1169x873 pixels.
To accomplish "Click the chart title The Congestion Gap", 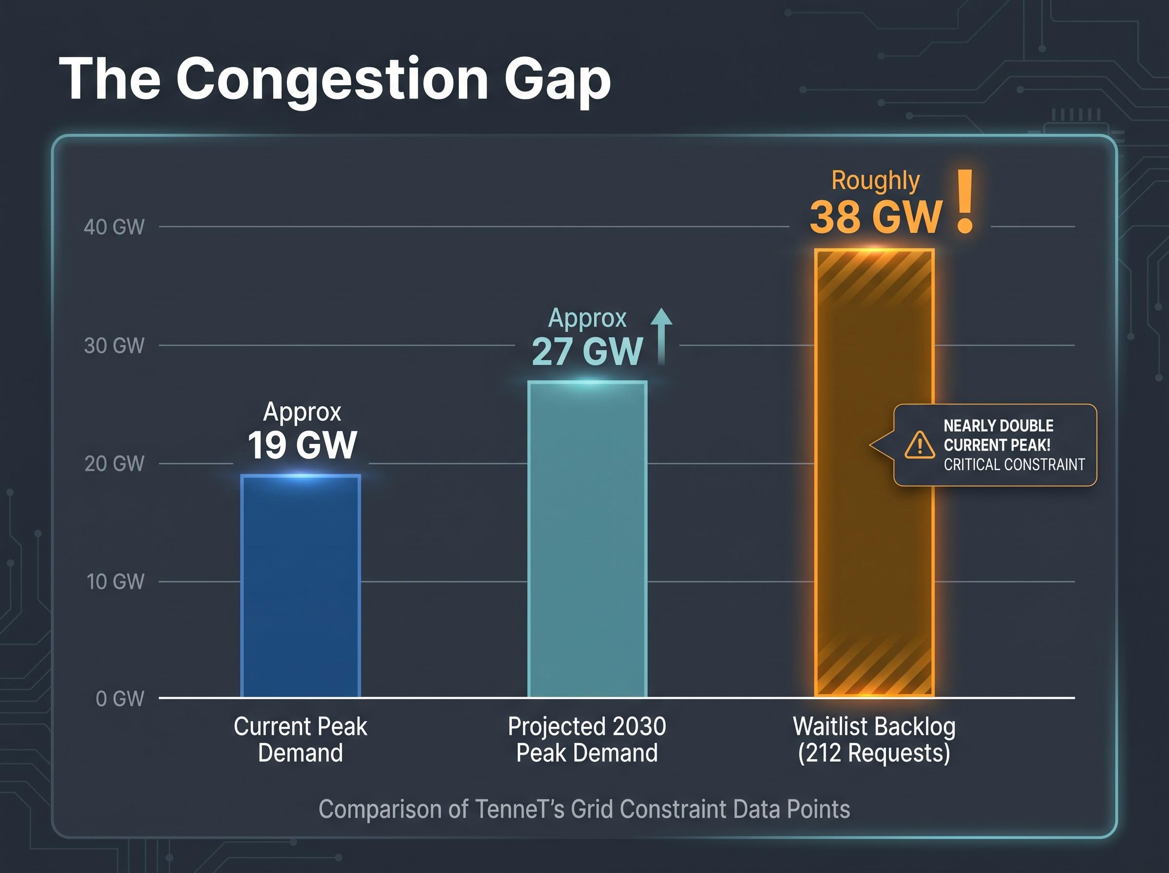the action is [x=335, y=80].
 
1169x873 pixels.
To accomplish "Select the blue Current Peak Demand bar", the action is [x=301, y=586].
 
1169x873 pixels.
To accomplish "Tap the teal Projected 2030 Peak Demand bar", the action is [x=587, y=539].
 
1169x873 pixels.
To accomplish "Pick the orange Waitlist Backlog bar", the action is [x=874, y=473].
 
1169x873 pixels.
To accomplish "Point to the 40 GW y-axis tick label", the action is [x=114, y=227].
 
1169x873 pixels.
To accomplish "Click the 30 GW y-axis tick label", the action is [x=114, y=345].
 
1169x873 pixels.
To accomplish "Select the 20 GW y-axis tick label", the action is [x=114, y=463].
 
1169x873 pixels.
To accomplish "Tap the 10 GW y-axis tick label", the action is [x=115, y=581].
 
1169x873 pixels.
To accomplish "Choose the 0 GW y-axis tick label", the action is [x=120, y=699].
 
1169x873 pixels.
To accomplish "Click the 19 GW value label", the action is [x=302, y=445].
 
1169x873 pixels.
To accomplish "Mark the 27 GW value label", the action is [x=587, y=351].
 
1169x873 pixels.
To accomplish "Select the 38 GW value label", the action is [x=876, y=217].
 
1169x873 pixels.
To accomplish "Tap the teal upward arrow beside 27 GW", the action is [x=661, y=336].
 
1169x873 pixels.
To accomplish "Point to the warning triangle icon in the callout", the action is [x=920, y=444].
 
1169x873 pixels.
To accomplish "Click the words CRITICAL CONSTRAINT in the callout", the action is [x=1014, y=464].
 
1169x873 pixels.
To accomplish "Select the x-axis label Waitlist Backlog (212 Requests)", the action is [x=874, y=740].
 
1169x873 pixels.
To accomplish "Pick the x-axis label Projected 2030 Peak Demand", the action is [x=587, y=740].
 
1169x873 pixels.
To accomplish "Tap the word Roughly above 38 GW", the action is [x=875, y=181].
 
